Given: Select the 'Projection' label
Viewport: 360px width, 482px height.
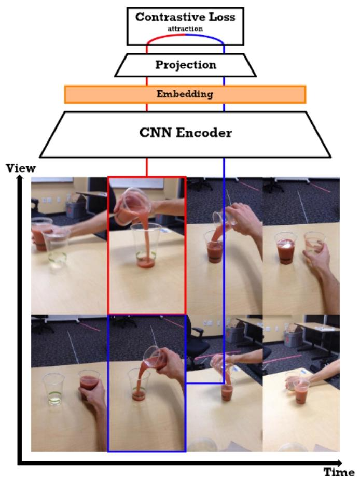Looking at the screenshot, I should pyautogui.click(x=185, y=65).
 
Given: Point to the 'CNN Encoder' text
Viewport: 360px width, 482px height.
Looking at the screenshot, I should pyautogui.click(x=185, y=133).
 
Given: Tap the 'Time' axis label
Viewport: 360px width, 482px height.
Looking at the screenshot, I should pyautogui.click(x=339, y=472).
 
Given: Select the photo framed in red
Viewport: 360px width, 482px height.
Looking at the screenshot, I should pyautogui.click(x=147, y=245).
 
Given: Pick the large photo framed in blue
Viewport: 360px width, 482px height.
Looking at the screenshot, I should pyautogui.click(x=147, y=382).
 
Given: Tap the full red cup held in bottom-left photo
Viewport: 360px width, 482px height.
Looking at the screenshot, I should pyautogui.click(x=90, y=386).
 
